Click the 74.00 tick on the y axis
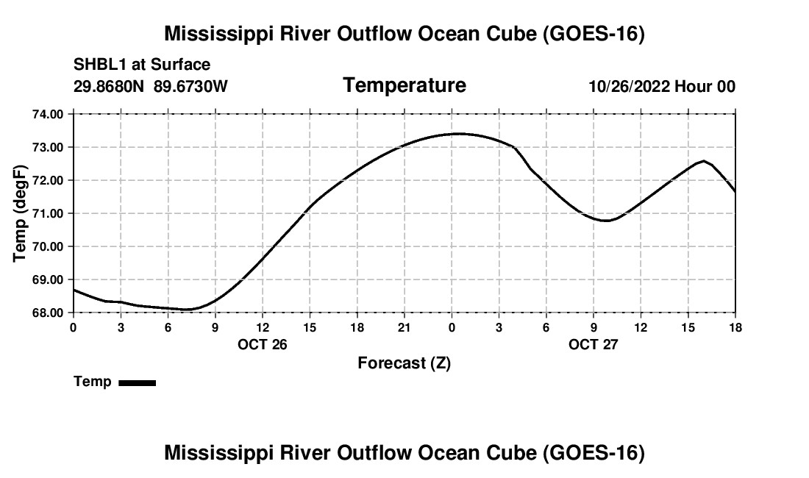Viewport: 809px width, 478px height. point(48,114)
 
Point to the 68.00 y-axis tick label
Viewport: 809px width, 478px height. point(48,313)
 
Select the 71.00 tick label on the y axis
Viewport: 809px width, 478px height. point(48,213)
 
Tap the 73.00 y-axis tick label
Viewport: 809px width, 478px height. point(48,148)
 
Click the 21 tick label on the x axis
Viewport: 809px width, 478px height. point(404,327)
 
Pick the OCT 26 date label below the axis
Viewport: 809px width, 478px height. point(262,344)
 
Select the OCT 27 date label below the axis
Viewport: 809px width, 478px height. point(594,344)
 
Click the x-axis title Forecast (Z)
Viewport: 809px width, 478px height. point(404,363)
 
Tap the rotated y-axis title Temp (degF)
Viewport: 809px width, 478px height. point(20,213)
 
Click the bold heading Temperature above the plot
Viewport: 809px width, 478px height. point(404,85)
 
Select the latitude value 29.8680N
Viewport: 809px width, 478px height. point(109,86)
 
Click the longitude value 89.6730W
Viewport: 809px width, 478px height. point(190,86)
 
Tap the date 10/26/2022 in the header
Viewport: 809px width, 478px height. point(630,86)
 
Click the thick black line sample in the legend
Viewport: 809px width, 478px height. point(138,382)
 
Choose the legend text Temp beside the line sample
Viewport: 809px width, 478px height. point(93,382)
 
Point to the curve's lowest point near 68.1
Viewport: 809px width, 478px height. point(187,310)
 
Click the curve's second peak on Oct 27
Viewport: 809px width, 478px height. point(704,161)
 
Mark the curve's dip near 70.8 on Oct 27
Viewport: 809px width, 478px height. point(607,221)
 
